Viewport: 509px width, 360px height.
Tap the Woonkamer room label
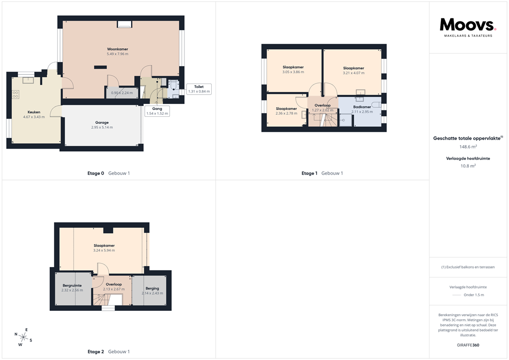[118, 49]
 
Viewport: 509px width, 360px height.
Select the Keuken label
[34, 112]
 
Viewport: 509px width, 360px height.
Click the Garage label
[102, 122]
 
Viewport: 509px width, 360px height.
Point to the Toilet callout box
[199, 89]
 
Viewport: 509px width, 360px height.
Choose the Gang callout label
[157, 111]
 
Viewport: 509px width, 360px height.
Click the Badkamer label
[362, 107]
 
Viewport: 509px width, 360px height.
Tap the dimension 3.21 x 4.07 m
[353, 73]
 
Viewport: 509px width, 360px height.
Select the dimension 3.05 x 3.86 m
[293, 72]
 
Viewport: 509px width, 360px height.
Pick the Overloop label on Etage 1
[323, 105]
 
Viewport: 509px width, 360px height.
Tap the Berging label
[152, 288]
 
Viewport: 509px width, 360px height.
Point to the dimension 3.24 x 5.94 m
[104, 251]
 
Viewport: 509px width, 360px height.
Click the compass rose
[23, 337]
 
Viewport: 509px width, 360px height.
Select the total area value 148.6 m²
[468, 147]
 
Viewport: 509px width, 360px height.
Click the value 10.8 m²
[468, 166]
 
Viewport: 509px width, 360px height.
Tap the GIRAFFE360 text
[468, 345]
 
